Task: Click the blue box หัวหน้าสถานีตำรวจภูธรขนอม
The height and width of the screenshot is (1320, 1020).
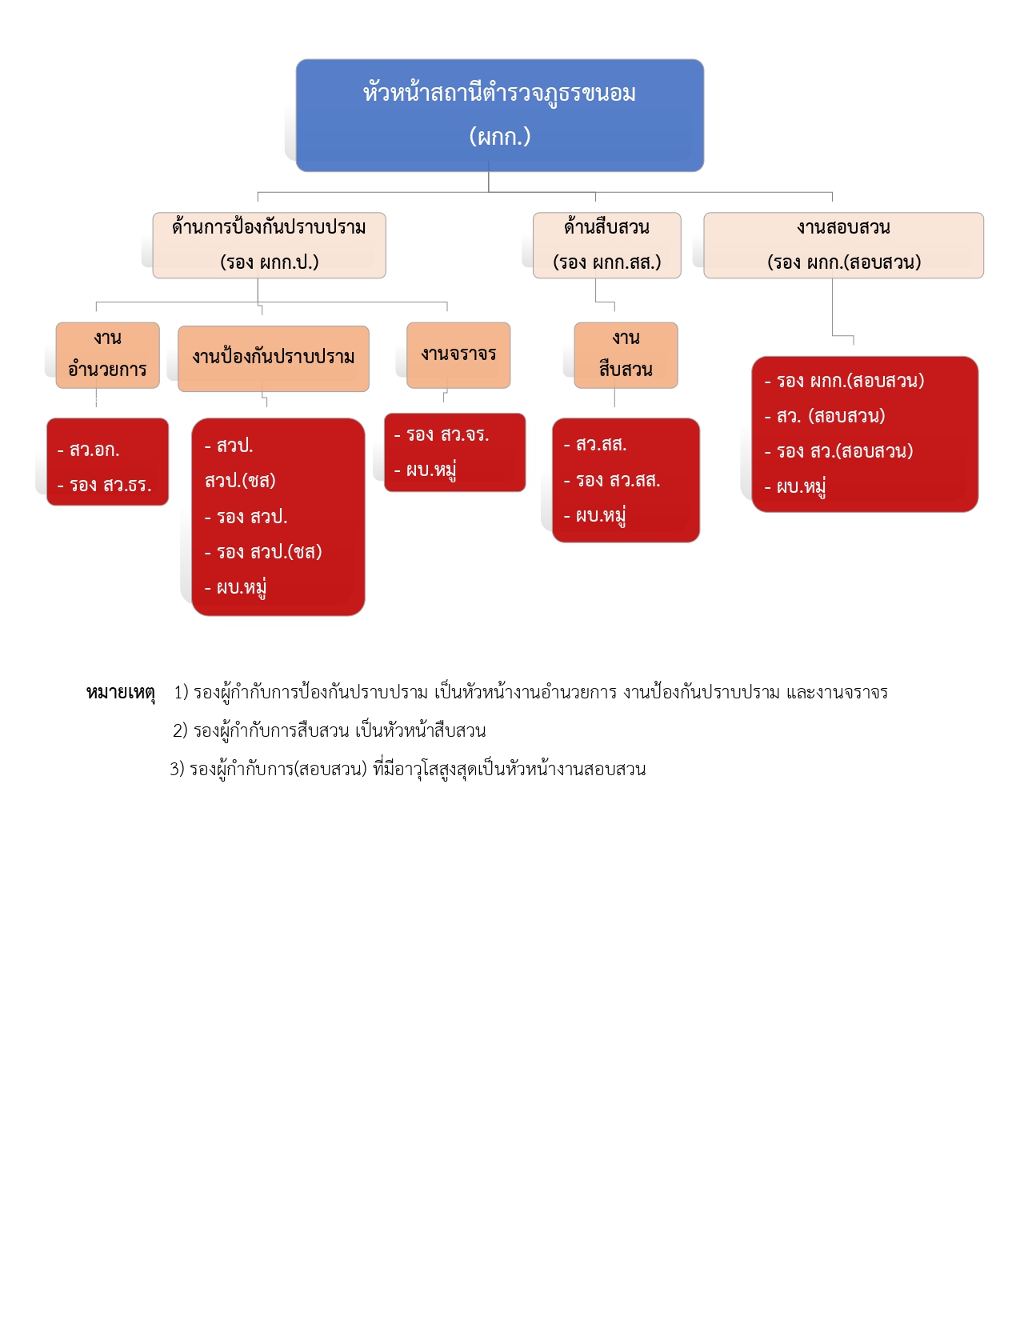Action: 499,94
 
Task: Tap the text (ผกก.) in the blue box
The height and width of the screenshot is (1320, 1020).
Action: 499,137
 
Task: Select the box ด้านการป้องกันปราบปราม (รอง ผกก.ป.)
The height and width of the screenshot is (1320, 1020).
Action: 269,245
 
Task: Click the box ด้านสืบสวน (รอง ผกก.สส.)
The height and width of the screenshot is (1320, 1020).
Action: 606,245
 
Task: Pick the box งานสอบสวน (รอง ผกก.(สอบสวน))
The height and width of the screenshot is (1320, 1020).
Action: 843,245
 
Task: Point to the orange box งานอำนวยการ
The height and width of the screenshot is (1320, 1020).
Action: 107,354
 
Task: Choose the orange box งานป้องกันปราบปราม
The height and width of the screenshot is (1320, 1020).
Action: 273,358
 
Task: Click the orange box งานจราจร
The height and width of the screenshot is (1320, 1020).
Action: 458,354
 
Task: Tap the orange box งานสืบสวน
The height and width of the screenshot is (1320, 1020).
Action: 626,354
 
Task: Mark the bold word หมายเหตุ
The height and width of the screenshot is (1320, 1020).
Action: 120,693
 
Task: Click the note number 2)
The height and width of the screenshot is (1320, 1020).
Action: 180,731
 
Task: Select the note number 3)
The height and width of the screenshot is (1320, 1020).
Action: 177,770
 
